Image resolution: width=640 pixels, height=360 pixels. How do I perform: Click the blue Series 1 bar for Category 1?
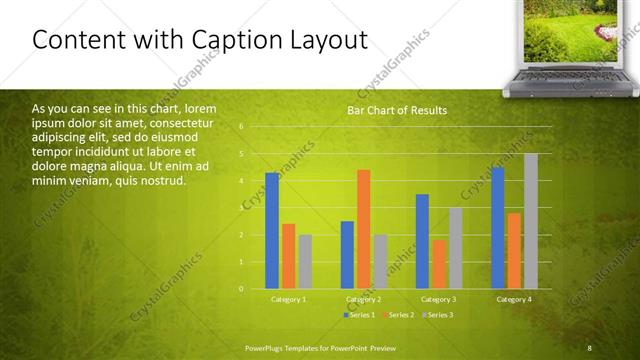[x=272, y=231]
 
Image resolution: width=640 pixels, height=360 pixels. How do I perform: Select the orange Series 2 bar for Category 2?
[x=364, y=229]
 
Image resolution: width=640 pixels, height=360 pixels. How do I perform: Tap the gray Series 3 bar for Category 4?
[x=531, y=221]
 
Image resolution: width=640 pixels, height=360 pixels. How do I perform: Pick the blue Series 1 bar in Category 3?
[x=422, y=241]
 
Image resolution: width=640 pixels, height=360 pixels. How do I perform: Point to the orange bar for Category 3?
[x=439, y=264]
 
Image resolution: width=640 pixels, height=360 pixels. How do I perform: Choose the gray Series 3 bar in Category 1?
[x=305, y=262]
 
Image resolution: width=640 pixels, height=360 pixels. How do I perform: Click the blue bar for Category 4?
[x=497, y=228]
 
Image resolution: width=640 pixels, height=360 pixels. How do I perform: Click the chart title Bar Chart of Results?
[x=397, y=110]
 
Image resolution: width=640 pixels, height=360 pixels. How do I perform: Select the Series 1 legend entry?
[x=359, y=315]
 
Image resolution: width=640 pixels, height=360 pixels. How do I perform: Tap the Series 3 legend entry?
[x=437, y=315]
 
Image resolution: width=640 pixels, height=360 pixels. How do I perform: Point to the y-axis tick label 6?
[x=241, y=127]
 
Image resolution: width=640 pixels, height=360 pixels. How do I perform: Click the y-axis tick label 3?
[x=241, y=208]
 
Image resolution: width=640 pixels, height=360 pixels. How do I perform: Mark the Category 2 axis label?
[x=364, y=299]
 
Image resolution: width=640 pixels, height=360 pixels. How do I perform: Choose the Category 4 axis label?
[x=514, y=299]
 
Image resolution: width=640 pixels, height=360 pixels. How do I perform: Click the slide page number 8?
[x=589, y=347]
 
